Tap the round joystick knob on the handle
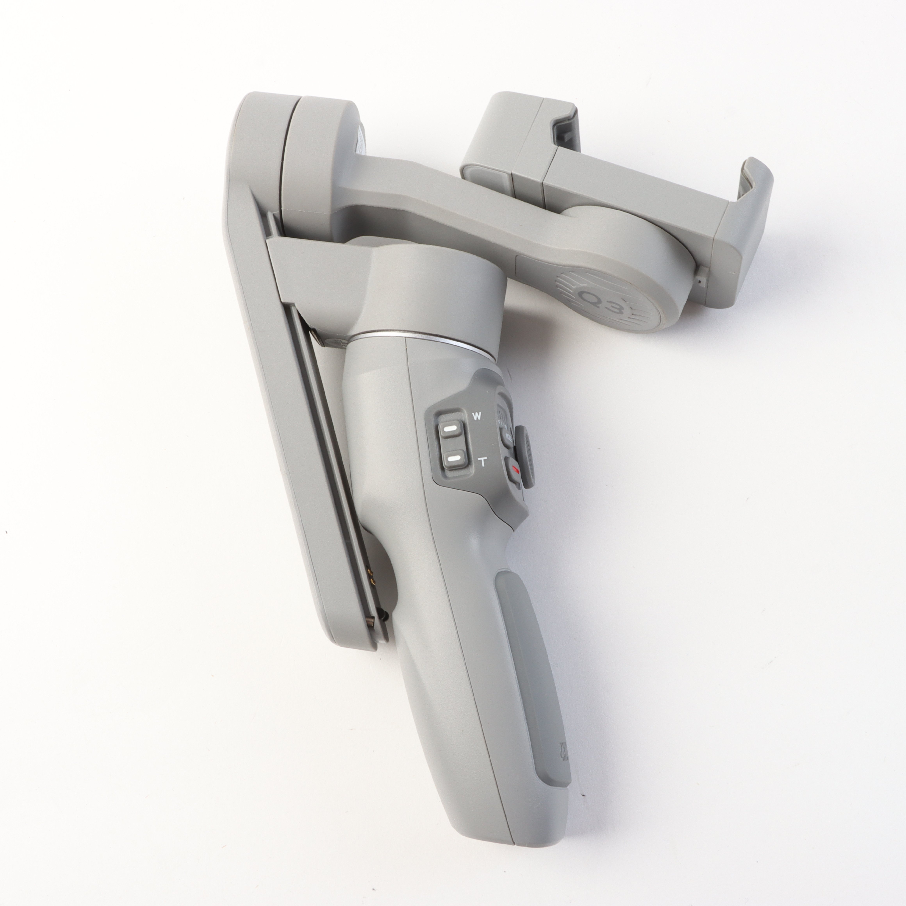tap(524, 457)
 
